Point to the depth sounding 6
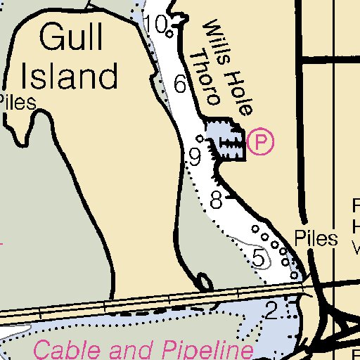[x=180, y=85]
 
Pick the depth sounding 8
[x=216, y=200]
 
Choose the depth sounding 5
[x=259, y=258]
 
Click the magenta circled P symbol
[x=261, y=142]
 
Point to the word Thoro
[x=207, y=77]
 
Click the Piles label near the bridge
[x=316, y=238]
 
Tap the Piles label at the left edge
[x=17, y=103]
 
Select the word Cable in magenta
[x=67, y=349]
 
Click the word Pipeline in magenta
[x=207, y=349]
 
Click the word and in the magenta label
[x=133, y=349]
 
